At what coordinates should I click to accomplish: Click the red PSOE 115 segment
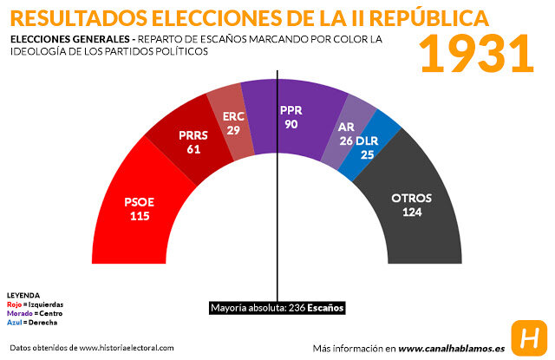coord(139,208)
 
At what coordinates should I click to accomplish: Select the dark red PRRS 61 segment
coord(190,142)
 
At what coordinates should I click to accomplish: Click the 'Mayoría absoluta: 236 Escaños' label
coord(277,308)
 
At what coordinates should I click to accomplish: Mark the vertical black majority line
coord(277,217)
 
